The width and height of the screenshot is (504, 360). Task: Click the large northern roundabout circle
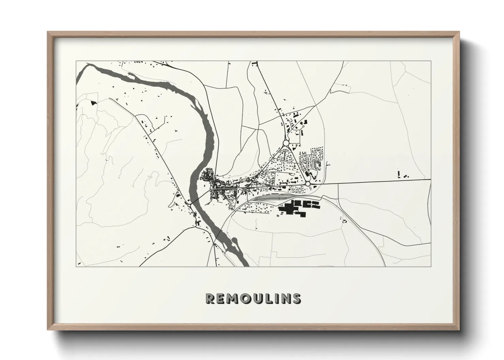coord(285,143)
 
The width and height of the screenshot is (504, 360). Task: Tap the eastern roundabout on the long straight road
coord(308,184)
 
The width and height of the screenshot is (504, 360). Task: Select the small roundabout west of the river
coord(189,205)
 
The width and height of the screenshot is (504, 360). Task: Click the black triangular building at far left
coord(93,102)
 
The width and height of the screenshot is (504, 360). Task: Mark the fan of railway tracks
coord(272,198)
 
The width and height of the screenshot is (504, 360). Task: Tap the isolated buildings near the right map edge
coord(402,175)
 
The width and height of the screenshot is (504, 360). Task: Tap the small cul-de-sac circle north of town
coord(303,127)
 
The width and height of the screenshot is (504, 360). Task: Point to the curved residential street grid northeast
coord(312,158)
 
